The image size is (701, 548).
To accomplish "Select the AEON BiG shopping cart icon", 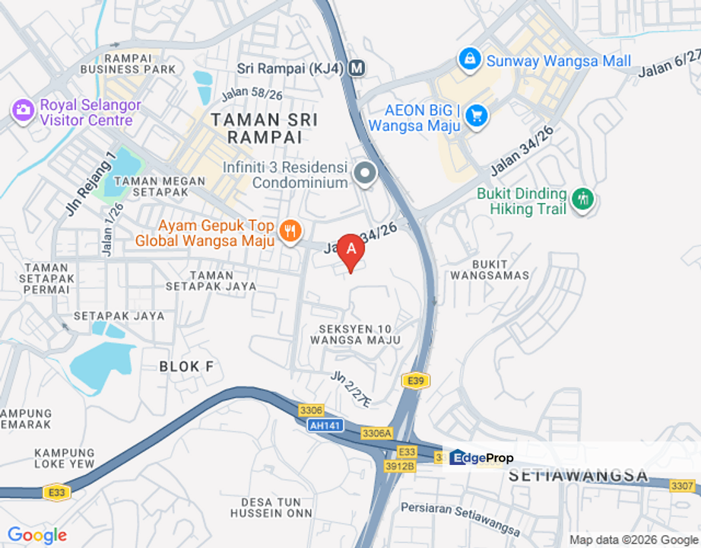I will pyautogui.click(x=477, y=116).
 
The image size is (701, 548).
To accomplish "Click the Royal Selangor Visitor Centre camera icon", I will pyautogui.click(x=23, y=110).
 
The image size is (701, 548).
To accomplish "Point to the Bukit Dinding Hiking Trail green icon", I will pyautogui.click(x=583, y=199).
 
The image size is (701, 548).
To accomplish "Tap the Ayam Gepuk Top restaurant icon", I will pyautogui.click(x=289, y=231).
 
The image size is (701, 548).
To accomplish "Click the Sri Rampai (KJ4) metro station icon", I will pyautogui.click(x=357, y=68).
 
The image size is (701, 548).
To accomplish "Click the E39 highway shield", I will pyautogui.click(x=414, y=381).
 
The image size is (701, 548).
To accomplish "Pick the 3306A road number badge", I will pyautogui.click(x=376, y=433).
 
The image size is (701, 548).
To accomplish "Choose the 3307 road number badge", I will pyautogui.click(x=683, y=485).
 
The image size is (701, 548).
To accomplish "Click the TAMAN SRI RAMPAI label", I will pyautogui.click(x=264, y=128).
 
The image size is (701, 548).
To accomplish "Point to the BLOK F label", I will pyautogui.click(x=186, y=367).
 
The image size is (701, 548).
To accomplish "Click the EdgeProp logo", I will pyautogui.click(x=481, y=457).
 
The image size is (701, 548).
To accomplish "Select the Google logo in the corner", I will pyautogui.click(x=36, y=536).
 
